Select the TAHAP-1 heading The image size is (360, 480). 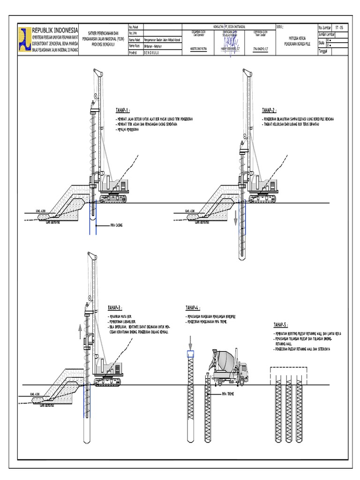click(122, 111)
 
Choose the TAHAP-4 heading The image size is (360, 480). click(193, 308)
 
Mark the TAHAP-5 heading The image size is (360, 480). click(280, 324)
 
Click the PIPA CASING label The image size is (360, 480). click(116, 225)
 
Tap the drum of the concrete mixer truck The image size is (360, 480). click(225, 359)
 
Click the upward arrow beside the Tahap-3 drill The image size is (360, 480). click(80, 331)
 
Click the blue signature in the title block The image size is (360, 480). click(230, 45)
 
